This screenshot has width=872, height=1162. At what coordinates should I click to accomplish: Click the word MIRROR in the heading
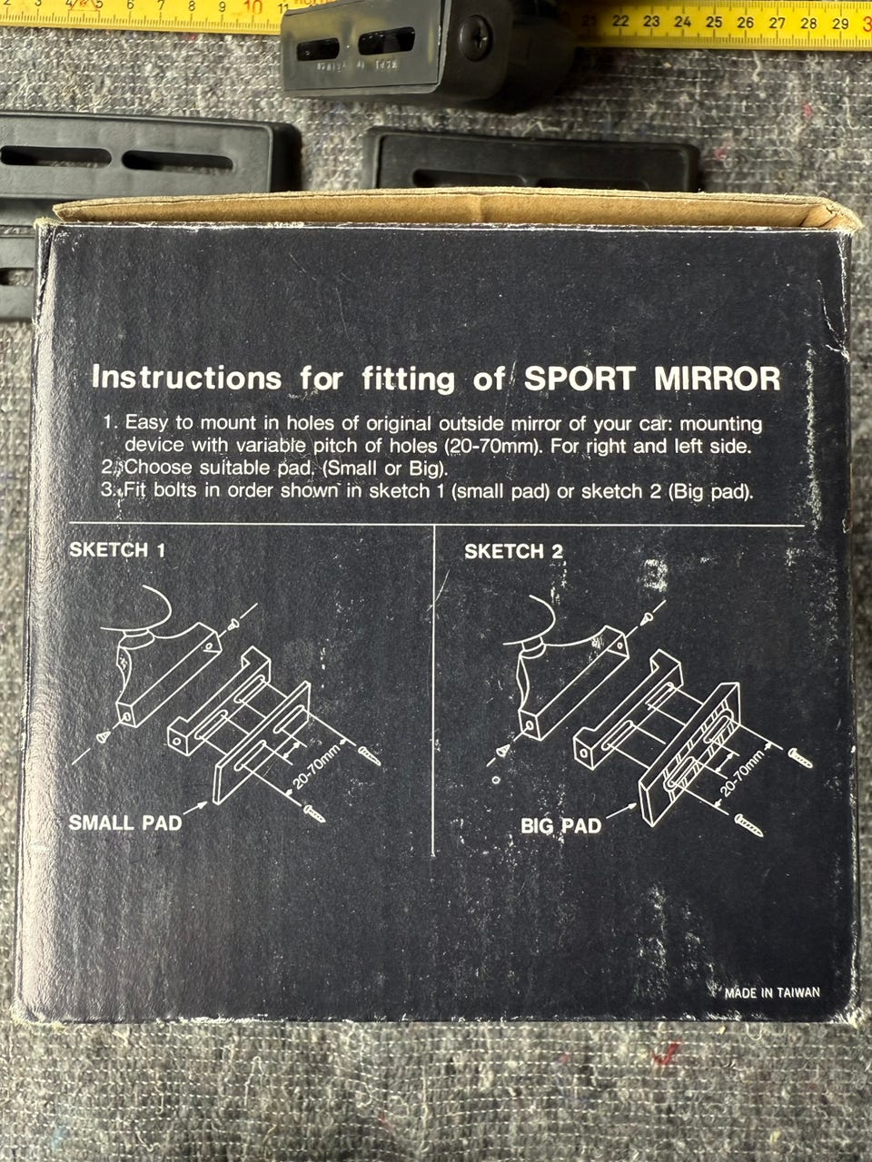coord(718,379)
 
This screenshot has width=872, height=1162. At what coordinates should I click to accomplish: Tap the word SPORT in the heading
coord(580,379)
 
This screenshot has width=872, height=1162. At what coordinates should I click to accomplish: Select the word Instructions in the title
coord(186,378)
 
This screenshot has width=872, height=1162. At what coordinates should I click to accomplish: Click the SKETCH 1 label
coord(117,550)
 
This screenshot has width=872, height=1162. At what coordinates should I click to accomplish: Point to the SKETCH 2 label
coord(513,552)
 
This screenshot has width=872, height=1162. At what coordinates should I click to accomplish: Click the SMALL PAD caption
coord(125,822)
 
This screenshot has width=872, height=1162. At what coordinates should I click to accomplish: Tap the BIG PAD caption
coord(561,826)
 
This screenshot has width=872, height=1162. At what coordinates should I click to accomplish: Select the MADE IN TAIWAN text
coord(772,992)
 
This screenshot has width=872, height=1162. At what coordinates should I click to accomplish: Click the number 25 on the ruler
coord(714,22)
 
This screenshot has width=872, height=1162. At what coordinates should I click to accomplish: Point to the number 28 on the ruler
coord(808,24)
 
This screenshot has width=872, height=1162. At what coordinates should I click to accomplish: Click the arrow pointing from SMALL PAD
coord(196,807)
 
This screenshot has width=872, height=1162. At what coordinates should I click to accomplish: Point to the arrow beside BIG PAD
coord(620,812)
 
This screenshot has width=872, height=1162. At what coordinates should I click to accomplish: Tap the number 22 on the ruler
coord(620,21)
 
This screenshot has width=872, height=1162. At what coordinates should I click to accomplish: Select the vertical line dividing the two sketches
coord(433,690)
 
